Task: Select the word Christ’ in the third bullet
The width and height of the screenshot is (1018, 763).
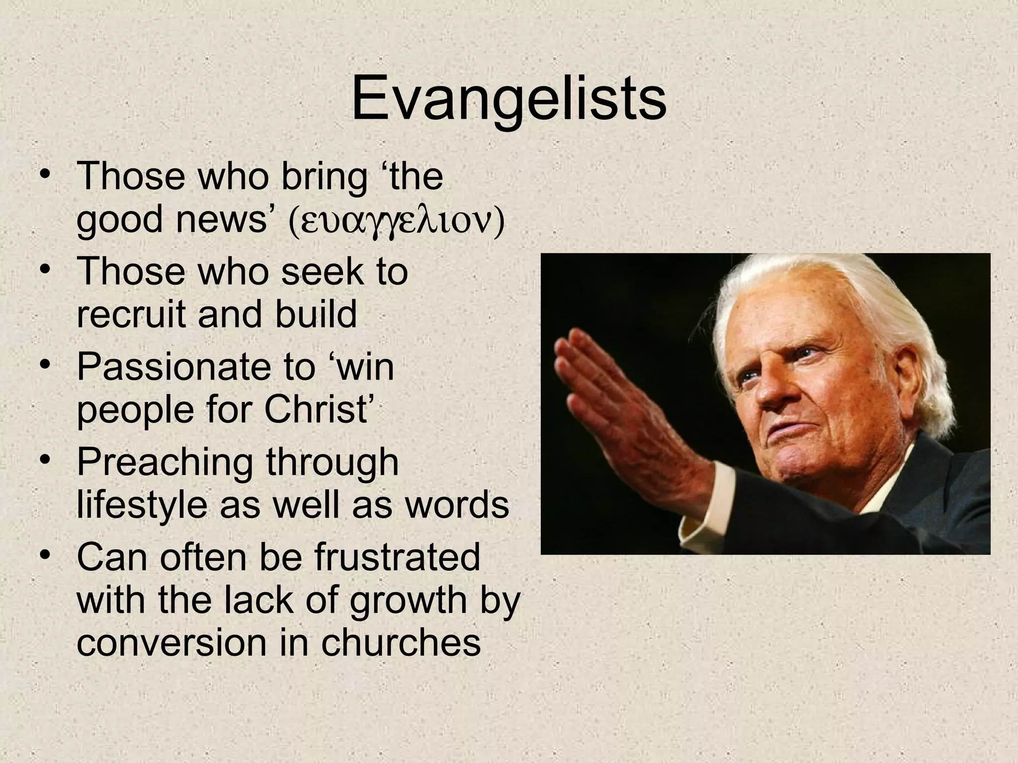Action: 318,409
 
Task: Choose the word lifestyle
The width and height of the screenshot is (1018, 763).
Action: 142,505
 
